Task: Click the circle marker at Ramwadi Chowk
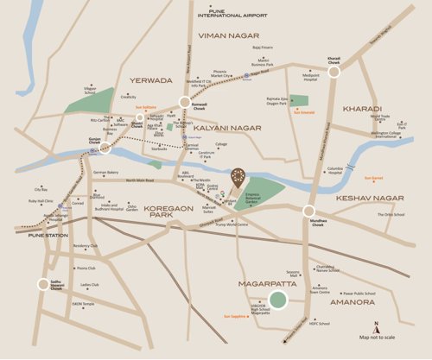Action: point(184,100)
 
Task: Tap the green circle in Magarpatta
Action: point(278,301)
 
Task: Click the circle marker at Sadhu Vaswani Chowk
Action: point(42,284)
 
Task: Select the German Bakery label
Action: point(105,172)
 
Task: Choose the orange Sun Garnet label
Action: point(373,178)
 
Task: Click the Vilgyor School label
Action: point(89,89)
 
